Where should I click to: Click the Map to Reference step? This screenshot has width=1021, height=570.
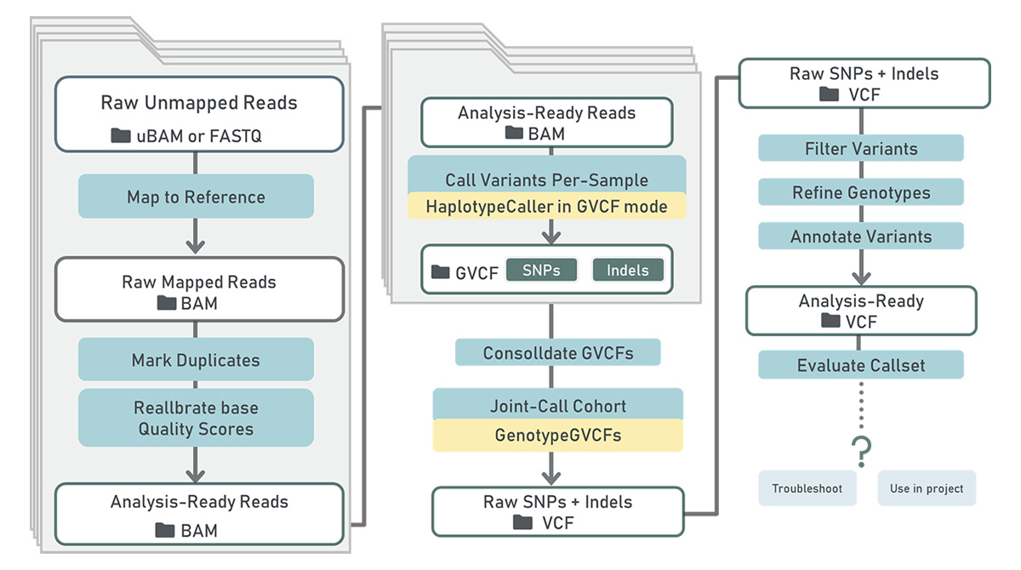196,196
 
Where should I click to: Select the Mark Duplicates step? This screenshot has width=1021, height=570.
196,360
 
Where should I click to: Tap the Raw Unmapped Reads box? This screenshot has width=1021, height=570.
199,114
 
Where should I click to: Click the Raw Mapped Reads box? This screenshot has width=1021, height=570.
199,289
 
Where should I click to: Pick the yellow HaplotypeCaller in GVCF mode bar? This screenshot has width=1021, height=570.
547,207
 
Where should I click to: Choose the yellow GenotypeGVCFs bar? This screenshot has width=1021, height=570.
558,435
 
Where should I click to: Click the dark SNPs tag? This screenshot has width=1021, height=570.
541,271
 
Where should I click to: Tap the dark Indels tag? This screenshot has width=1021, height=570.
628,271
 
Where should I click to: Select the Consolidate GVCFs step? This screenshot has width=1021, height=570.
558,353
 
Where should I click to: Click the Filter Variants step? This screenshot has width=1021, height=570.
861,148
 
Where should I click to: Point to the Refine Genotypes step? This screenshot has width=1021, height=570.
861,192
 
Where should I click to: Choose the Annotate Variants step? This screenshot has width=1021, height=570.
861,236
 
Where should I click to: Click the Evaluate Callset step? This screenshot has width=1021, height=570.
861,365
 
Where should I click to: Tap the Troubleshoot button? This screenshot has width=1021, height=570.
807,488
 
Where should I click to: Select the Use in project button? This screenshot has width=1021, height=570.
927,488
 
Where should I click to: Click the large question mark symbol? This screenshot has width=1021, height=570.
861,451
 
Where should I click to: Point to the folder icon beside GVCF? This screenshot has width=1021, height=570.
441,272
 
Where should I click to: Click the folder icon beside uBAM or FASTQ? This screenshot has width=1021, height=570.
121,135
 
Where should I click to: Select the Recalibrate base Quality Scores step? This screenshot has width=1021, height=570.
196,418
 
